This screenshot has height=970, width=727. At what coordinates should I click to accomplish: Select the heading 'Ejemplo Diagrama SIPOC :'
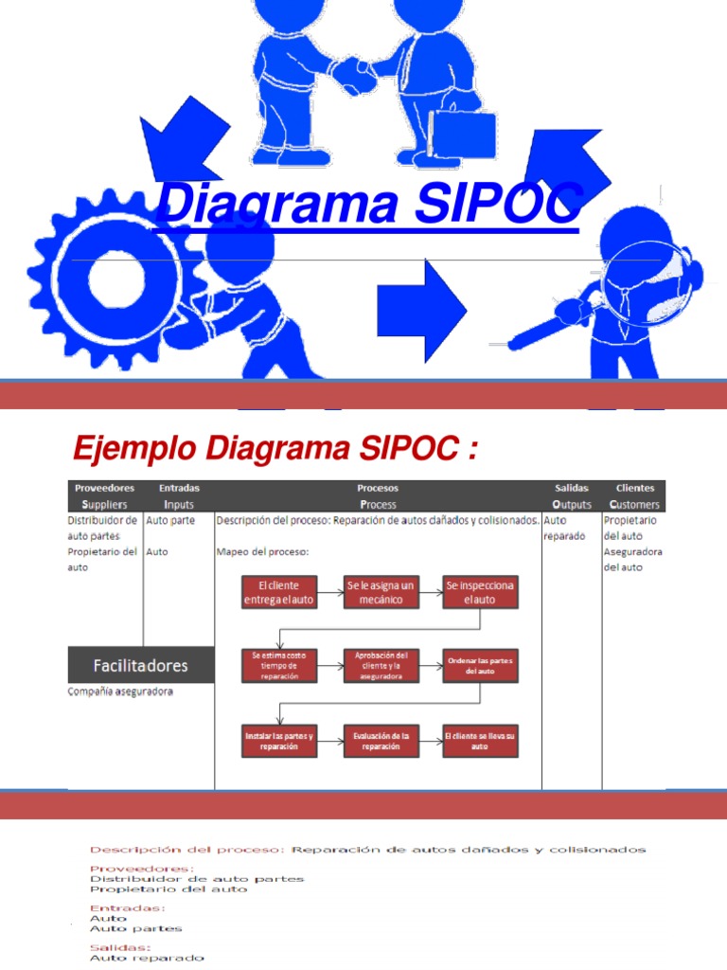pos(275,448)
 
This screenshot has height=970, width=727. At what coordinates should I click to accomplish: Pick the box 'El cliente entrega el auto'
pos(279,593)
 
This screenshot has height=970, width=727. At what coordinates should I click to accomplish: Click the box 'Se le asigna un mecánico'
pos(381,593)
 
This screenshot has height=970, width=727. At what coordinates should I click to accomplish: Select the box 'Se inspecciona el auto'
pos(481,593)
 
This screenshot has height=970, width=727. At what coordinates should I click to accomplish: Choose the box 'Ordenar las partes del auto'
pos(481,665)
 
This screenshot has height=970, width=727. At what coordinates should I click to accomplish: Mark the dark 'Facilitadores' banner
pos(141,665)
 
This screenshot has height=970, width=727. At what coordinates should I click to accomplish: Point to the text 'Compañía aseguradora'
pos(120,692)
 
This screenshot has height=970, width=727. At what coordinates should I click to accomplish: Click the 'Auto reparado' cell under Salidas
pos(564,528)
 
